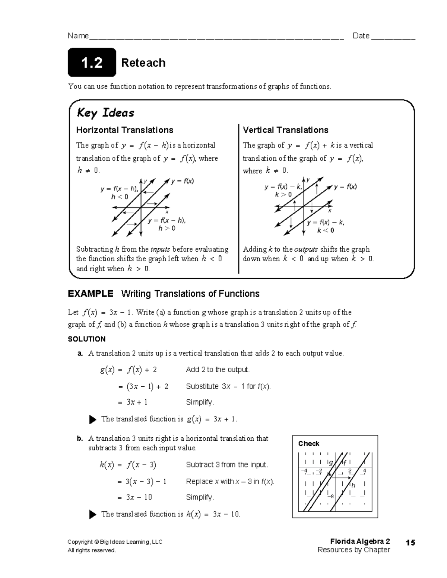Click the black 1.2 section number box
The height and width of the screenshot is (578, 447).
(x=92, y=63)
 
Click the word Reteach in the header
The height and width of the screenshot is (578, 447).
(x=143, y=63)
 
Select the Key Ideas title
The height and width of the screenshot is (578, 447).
(x=105, y=113)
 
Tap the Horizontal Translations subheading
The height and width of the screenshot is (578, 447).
(x=124, y=130)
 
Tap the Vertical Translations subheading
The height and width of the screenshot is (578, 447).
(x=285, y=130)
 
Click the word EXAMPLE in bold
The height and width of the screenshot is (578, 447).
(x=90, y=294)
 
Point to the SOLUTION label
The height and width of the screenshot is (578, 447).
(x=86, y=339)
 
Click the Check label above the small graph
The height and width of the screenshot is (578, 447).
(x=309, y=444)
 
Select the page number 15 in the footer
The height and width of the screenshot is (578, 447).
(x=410, y=543)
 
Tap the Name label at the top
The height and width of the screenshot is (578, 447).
(x=78, y=36)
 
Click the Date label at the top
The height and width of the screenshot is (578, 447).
(x=361, y=36)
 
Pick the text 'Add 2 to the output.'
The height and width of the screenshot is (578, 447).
(x=218, y=370)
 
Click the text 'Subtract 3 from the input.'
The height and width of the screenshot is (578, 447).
(x=227, y=464)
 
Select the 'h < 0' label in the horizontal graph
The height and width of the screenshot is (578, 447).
(x=120, y=197)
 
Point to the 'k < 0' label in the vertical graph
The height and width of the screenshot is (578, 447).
(x=326, y=230)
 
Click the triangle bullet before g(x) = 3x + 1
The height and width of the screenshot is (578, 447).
(x=93, y=419)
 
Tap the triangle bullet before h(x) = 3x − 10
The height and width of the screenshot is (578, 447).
(x=93, y=514)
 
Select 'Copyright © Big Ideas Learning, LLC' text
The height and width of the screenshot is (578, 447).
(x=115, y=542)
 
